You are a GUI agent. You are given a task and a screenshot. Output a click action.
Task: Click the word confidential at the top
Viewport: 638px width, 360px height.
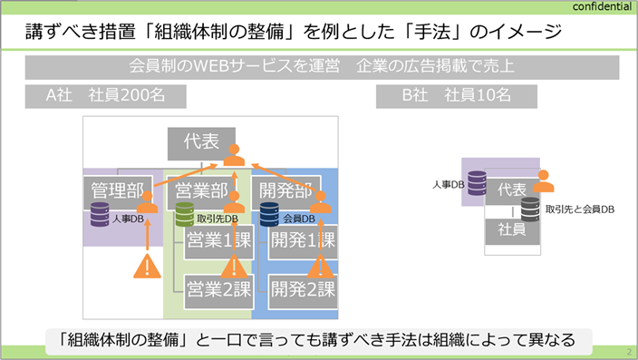(x=602, y=6)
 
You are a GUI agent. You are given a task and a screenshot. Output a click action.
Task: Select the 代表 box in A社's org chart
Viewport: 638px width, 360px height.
(x=201, y=144)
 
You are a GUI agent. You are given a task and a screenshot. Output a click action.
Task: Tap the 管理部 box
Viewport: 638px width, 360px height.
(x=118, y=192)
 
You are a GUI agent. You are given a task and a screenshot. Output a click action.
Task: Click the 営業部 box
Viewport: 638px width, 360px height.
(x=202, y=192)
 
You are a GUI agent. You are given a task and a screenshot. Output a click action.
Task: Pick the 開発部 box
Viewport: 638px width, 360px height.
(x=286, y=192)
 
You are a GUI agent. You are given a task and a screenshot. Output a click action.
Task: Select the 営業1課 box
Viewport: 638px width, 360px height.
(x=219, y=241)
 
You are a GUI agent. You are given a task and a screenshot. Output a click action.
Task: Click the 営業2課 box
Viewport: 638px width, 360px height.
(x=219, y=291)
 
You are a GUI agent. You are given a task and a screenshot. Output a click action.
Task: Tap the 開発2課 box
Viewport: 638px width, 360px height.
(x=303, y=291)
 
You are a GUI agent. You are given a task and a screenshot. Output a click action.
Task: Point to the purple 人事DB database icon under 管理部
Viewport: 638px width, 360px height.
(x=100, y=214)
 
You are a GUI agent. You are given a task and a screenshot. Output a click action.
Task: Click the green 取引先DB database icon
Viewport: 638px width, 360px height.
(x=184, y=214)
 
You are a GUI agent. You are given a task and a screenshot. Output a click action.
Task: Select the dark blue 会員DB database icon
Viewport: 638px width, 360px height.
(x=269, y=214)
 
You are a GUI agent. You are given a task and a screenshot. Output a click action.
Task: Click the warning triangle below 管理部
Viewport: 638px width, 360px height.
(x=148, y=266)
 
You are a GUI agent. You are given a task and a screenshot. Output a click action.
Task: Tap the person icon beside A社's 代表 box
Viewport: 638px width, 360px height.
(x=234, y=155)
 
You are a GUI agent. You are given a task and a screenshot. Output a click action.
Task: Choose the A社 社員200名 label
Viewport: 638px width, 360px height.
(x=106, y=96)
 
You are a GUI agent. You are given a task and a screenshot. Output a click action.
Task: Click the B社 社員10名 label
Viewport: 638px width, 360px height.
(x=457, y=96)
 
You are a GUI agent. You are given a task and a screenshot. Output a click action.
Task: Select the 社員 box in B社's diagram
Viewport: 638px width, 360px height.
(x=512, y=230)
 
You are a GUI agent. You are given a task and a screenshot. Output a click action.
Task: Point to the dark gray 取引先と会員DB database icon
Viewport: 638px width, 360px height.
(x=530, y=209)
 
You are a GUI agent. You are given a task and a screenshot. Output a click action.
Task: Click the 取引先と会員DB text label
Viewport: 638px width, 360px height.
(x=580, y=209)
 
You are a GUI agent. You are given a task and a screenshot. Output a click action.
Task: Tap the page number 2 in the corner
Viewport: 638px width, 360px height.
(x=629, y=352)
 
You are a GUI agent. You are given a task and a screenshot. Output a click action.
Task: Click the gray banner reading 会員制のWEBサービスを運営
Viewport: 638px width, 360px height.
(x=323, y=67)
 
